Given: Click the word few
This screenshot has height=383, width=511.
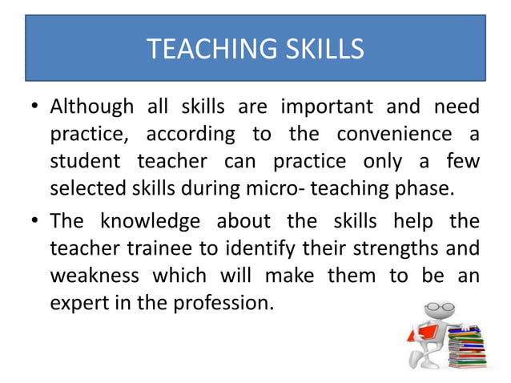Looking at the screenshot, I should [x=463, y=163].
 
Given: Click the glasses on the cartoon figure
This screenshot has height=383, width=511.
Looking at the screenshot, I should [x=435, y=308].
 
